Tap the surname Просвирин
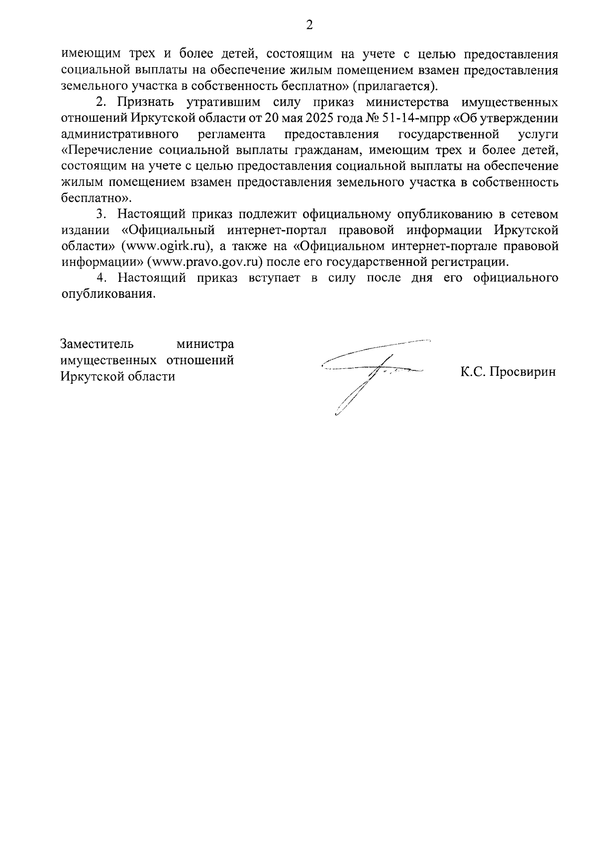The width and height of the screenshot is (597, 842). point(522,372)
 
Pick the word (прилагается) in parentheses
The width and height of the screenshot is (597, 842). point(396,86)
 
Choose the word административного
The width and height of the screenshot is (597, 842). point(119,135)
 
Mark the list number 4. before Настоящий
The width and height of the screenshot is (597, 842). point(102,278)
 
